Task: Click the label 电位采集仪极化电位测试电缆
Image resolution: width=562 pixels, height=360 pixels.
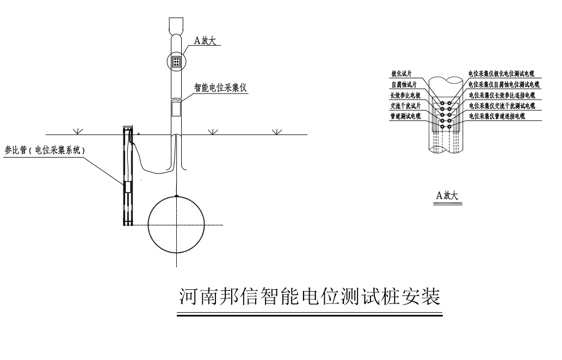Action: (502, 73)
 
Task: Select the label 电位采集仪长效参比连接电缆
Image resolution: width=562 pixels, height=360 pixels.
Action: (502, 95)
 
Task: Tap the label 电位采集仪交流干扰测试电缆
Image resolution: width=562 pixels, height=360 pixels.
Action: (502, 105)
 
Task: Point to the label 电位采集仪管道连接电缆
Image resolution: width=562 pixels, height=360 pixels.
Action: (497, 116)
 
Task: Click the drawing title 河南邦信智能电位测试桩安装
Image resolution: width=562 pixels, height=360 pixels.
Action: (310, 297)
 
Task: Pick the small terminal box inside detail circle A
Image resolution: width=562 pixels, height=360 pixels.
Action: (176, 61)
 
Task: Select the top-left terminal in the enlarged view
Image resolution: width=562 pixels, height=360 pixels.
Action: (443, 103)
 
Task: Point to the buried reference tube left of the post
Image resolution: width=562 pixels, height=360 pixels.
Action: (127, 175)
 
